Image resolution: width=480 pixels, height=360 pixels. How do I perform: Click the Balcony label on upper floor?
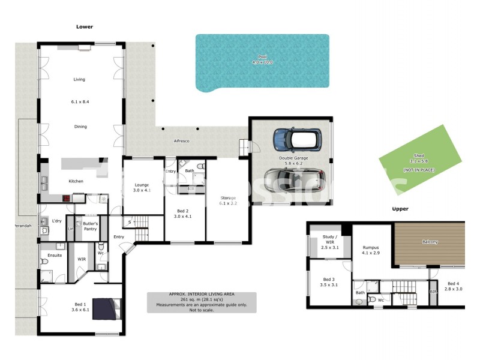[430, 242]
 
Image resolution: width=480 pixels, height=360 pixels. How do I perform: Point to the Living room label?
[80, 79]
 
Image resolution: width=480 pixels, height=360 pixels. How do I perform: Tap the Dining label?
[80, 127]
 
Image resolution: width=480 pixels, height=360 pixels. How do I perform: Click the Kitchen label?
[76, 181]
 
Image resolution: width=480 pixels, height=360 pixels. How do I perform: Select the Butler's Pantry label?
[90, 226]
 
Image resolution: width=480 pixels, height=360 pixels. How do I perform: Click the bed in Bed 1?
[108, 308]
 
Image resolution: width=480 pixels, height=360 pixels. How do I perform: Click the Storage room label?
[227, 197]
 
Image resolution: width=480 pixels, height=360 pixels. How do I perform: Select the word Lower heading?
[85, 26]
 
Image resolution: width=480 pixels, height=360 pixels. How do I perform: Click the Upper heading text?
[400, 209]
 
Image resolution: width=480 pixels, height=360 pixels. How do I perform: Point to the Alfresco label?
[182, 140]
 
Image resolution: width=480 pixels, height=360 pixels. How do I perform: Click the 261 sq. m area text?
[201, 299]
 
